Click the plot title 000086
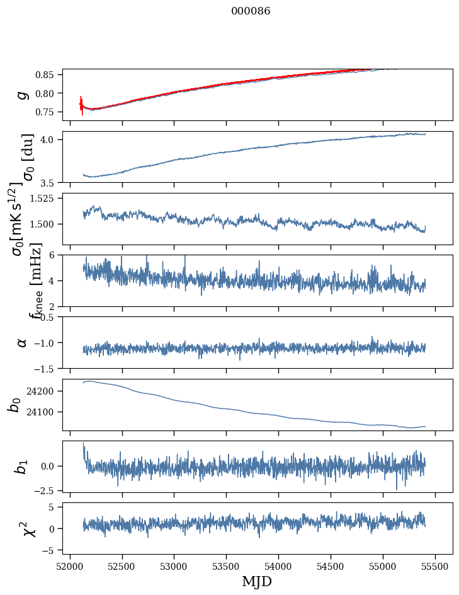point(251,11)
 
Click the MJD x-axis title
point(257,581)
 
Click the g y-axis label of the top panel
point(23,95)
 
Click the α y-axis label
point(23,342)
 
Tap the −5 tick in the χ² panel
point(50,550)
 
